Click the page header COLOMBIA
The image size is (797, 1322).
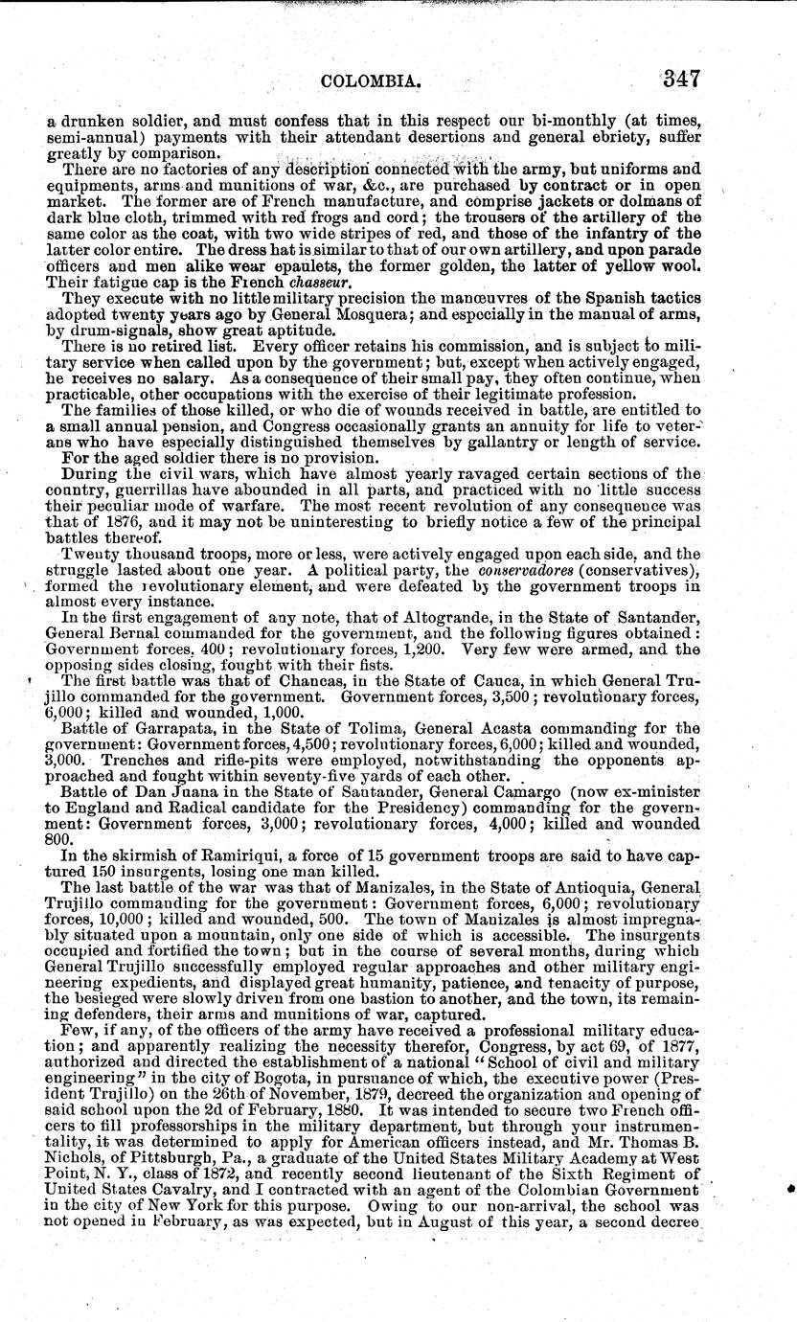pyautogui.click(x=373, y=82)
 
